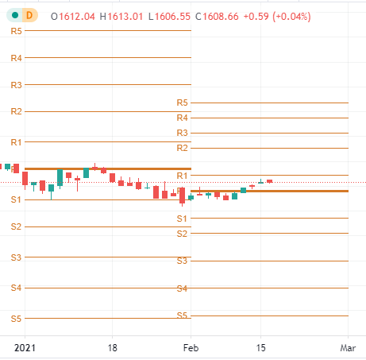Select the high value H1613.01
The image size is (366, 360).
coord(121,16)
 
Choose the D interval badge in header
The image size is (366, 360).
coord(30,15)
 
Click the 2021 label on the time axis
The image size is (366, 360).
coord(25,347)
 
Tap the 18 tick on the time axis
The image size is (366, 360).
coord(113,347)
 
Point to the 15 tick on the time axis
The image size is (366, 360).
coord(260,347)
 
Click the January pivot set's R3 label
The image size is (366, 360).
coord(16,84)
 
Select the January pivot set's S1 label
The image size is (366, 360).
coord(16,199)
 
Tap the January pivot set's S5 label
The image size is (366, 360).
coord(16,318)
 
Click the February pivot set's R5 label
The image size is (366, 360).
coord(182,103)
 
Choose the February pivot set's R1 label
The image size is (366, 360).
coord(182,175)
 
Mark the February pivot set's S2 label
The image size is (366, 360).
coord(182,233)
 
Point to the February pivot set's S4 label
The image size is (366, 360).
coord(182,288)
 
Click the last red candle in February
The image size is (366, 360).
coord(269,181)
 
